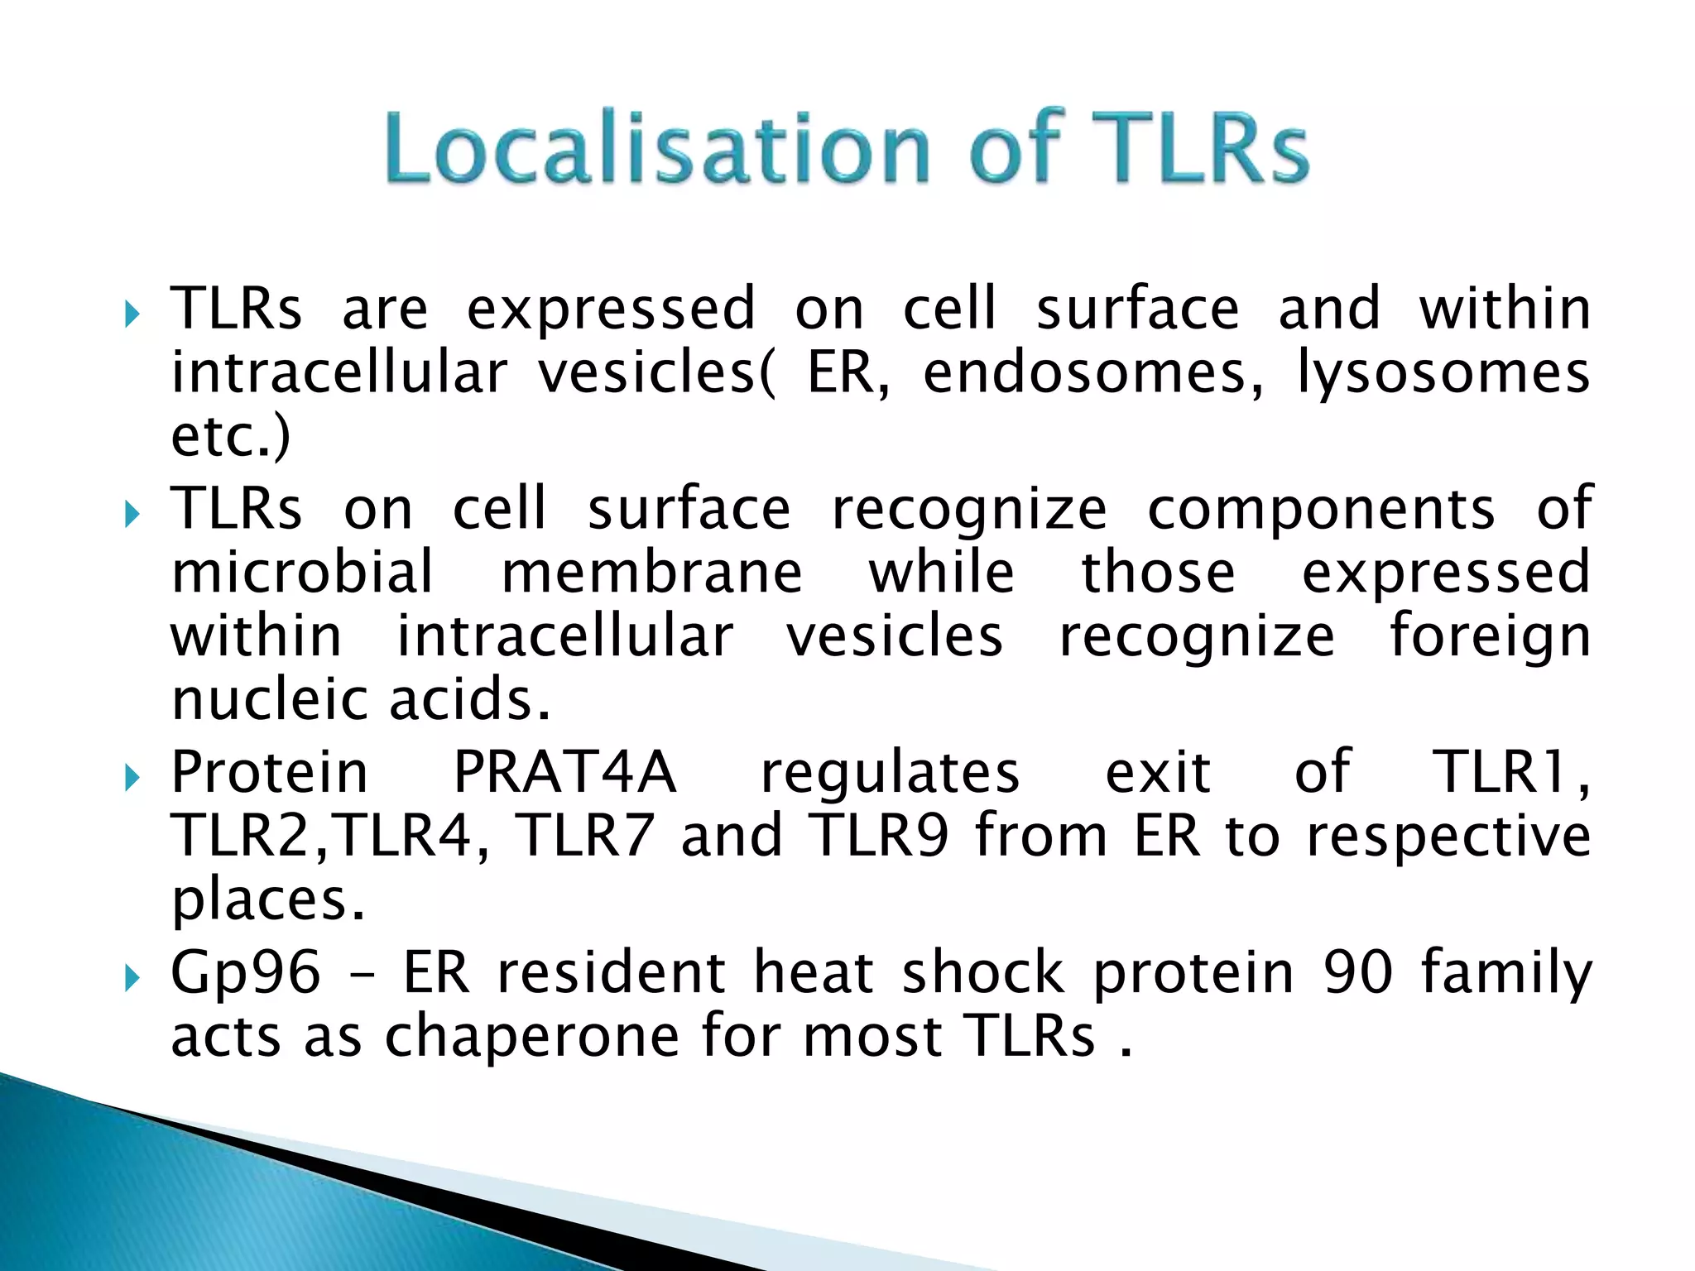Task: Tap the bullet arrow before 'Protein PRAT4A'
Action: [132, 779]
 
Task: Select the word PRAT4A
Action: [564, 772]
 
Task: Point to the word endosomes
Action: [1092, 373]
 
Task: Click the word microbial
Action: [302, 572]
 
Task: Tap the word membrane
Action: [651, 572]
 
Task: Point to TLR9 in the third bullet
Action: [878, 835]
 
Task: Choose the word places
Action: [267, 901]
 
